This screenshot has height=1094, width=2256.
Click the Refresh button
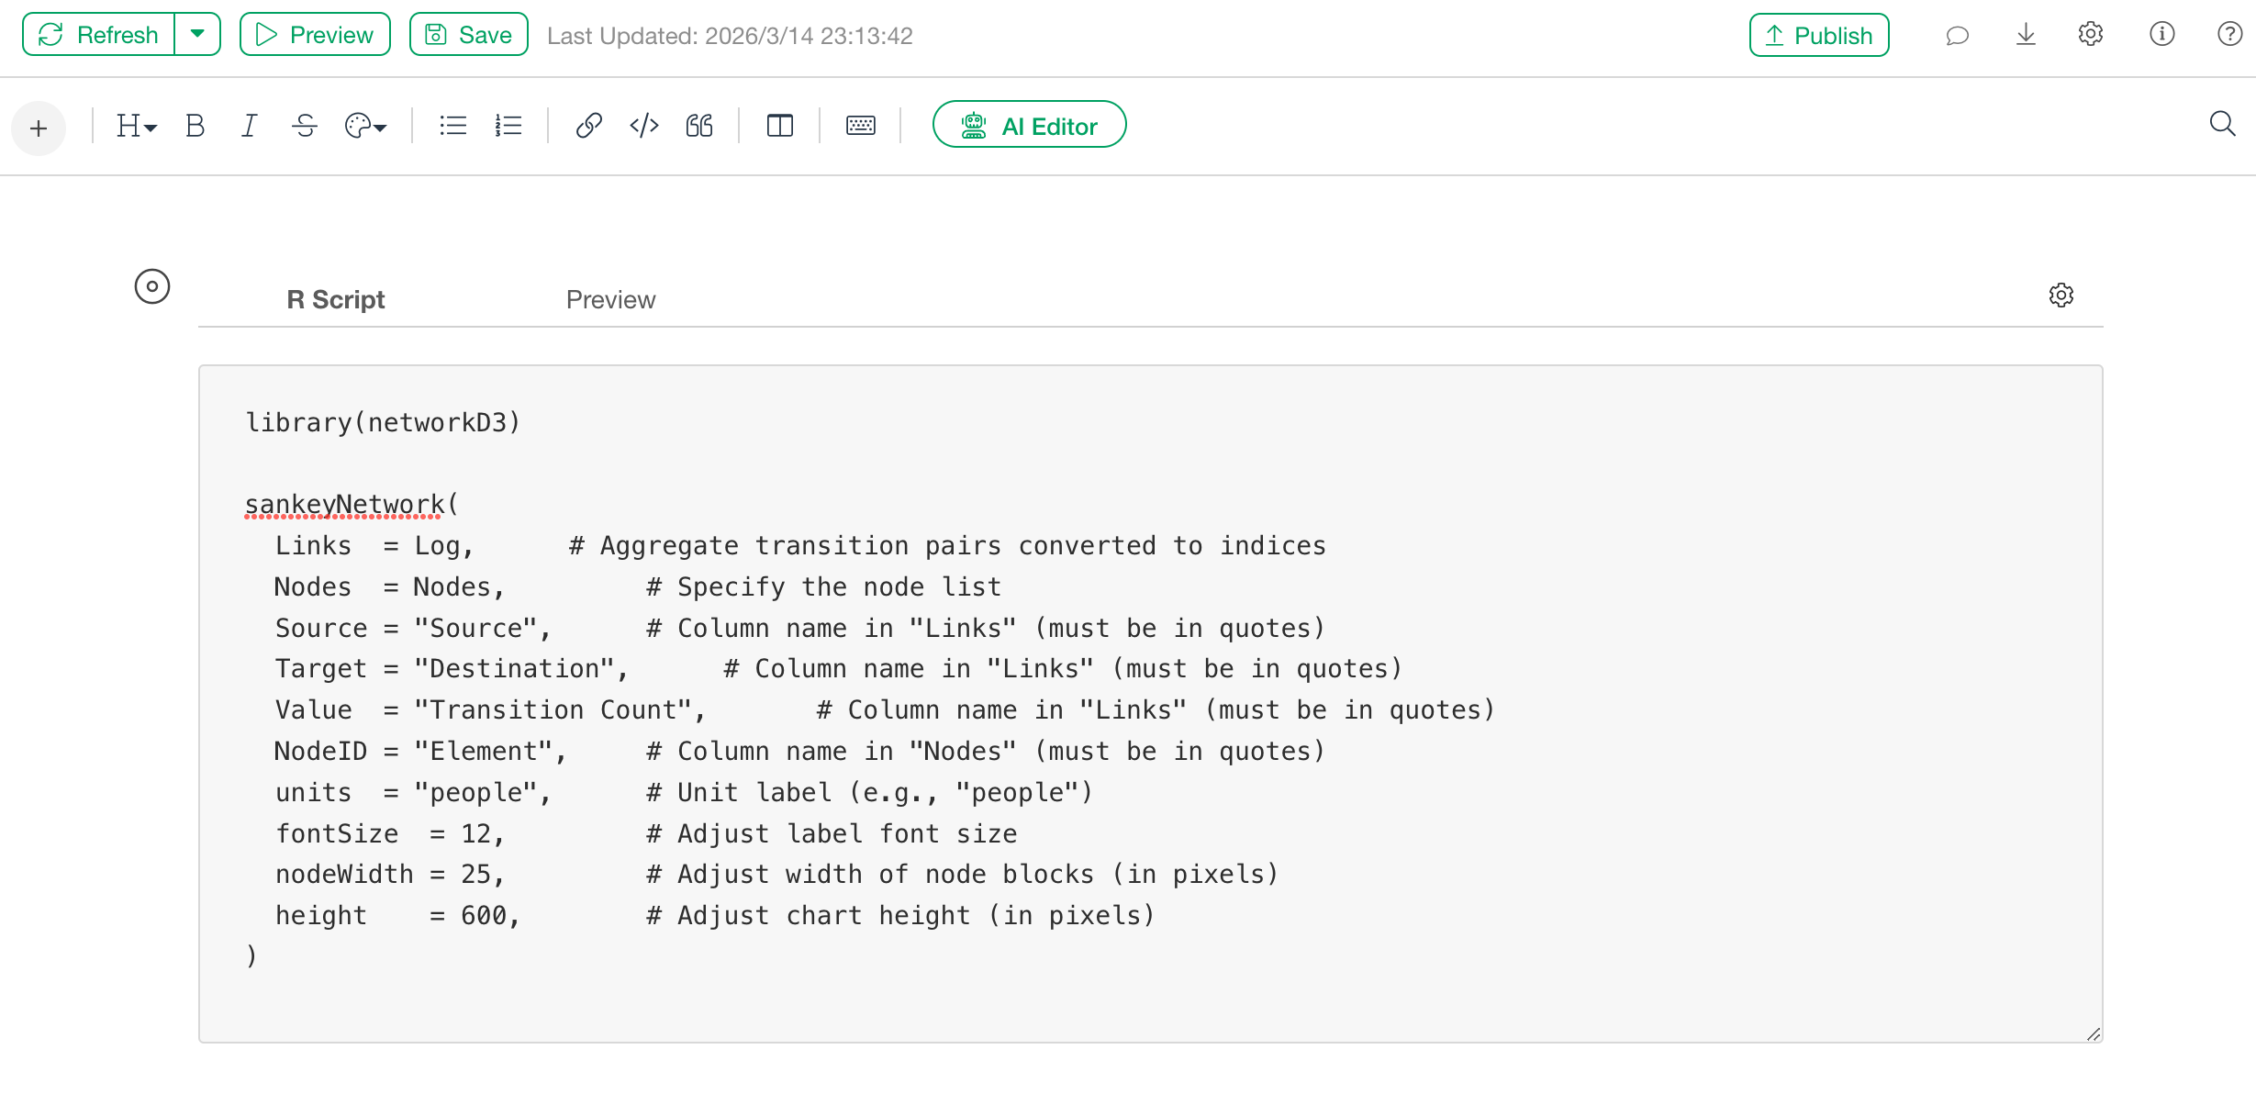[x=99, y=35]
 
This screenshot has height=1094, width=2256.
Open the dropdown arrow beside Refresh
[x=197, y=35]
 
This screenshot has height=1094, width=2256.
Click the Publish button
[x=1818, y=36]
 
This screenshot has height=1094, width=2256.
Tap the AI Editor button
[x=1029, y=126]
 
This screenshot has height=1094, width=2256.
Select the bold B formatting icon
[x=195, y=126]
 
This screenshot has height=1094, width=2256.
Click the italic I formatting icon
[x=249, y=126]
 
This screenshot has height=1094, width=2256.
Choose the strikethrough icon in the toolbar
[x=305, y=126]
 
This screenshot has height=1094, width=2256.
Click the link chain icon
[x=588, y=126]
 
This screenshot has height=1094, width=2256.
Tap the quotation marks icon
[x=699, y=126]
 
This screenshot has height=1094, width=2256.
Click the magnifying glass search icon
[x=2222, y=124]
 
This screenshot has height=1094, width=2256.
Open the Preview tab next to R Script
[x=610, y=300]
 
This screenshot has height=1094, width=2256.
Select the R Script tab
[x=335, y=300]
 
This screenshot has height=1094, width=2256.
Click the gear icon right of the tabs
[x=2061, y=296]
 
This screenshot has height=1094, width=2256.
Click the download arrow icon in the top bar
[x=2026, y=35]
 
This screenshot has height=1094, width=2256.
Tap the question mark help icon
[x=2229, y=35]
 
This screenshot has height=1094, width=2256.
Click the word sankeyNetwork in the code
[x=344, y=505]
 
